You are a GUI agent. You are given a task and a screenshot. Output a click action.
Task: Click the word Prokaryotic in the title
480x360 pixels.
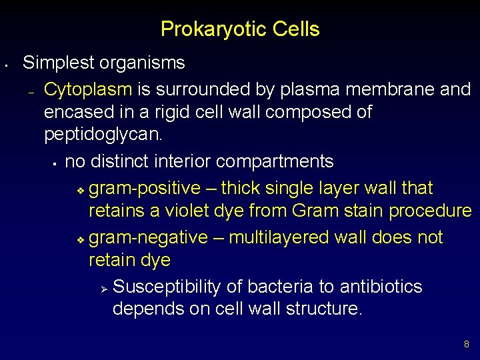[x=205, y=30]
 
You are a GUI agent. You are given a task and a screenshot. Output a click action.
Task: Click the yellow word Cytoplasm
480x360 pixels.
[x=88, y=89]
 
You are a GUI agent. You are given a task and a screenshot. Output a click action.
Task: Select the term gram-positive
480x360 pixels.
[x=144, y=189]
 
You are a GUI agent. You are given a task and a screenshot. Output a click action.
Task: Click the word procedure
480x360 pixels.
[x=431, y=211]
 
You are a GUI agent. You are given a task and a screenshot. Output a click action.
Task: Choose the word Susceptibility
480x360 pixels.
[x=167, y=287]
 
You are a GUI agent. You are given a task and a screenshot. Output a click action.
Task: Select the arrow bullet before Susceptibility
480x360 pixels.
[x=103, y=288]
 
